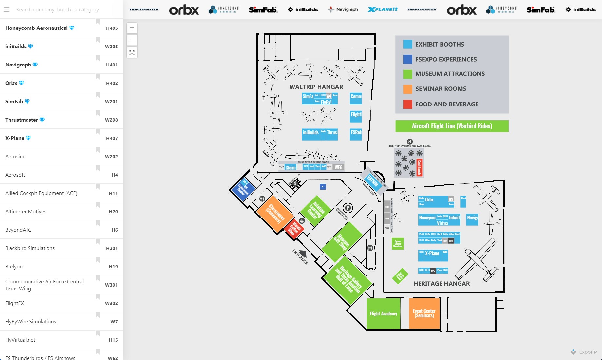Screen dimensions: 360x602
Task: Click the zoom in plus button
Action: pyautogui.click(x=132, y=28)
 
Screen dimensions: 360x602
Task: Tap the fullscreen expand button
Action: pyautogui.click(x=132, y=53)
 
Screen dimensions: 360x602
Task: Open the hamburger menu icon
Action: pyautogui.click(x=7, y=9)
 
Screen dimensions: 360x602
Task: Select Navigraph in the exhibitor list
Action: pyautogui.click(x=18, y=65)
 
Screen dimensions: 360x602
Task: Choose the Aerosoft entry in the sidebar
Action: pyautogui.click(x=15, y=175)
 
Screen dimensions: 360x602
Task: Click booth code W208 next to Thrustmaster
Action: pyautogui.click(x=111, y=120)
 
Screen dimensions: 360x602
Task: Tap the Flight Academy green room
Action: pyautogui.click(x=383, y=313)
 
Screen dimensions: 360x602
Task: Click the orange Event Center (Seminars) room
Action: pyautogui.click(x=424, y=313)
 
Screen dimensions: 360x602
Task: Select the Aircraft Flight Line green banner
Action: pyautogui.click(x=452, y=126)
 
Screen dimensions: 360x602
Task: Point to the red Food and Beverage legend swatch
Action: pyautogui.click(x=407, y=104)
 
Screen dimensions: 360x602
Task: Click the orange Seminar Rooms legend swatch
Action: pyautogui.click(x=407, y=89)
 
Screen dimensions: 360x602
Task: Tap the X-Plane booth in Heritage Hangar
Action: pyautogui.click(x=432, y=254)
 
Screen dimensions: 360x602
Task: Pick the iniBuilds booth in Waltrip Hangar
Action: pyautogui.click(x=310, y=133)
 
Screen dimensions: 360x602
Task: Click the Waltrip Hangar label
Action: pyautogui.click(x=316, y=87)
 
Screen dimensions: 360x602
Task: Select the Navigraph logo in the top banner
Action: pyautogui.click(x=343, y=9)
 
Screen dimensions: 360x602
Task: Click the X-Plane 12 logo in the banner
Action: pyautogui.click(x=383, y=9)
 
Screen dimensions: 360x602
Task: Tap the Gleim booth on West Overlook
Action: pyautogui.click(x=290, y=167)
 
